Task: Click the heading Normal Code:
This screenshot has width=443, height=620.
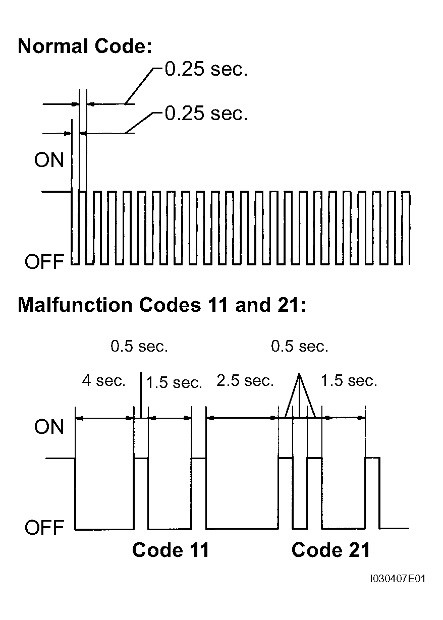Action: click(x=85, y=46)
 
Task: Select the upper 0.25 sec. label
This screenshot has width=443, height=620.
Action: click(x=206, y=70)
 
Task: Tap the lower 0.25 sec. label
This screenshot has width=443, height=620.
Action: click(x=206, y=114)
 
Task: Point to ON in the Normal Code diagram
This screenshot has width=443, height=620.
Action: click(x=49, y=160)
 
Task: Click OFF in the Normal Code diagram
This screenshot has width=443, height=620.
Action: click(x=44, y=262)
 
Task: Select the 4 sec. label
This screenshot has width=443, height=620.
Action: click(x=103, y=381)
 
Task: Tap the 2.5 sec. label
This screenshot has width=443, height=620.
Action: click(x=245, y=381)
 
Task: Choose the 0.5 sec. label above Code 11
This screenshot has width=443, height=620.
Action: click(x=139, y=347)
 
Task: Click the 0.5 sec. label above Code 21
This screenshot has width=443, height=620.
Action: click(x=299, y=347)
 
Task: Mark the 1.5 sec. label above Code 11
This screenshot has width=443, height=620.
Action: click(x=174, y=382)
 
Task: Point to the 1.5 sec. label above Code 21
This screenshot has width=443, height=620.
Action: click(x=349, y=381)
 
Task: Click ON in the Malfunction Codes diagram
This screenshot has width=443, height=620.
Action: click(x=49, y=427)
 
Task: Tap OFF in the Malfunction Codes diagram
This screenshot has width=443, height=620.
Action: click(x=44, y=528)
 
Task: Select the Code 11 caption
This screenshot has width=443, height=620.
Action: click(x=170, y=550)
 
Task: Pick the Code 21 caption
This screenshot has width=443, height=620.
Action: click(x=330, y=550)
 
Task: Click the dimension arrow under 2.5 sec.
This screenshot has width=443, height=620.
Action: click(x=243, y=418)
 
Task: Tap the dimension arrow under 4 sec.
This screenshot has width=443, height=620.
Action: click(x=104, y=418)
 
